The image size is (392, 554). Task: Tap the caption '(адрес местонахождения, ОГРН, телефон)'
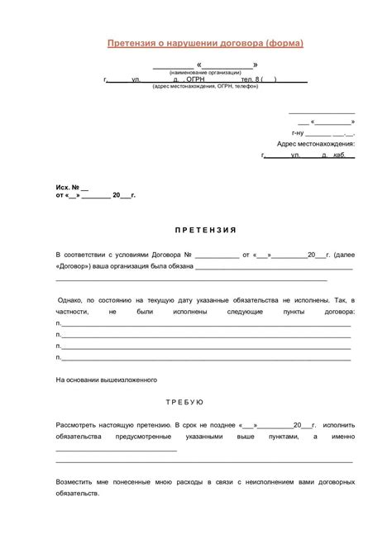205,87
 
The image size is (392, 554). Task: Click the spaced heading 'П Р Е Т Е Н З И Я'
195,229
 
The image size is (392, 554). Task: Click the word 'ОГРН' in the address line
197,80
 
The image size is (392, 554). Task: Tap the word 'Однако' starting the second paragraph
74,298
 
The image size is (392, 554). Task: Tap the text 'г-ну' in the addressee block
299,132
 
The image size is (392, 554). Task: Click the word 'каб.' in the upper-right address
340,155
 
